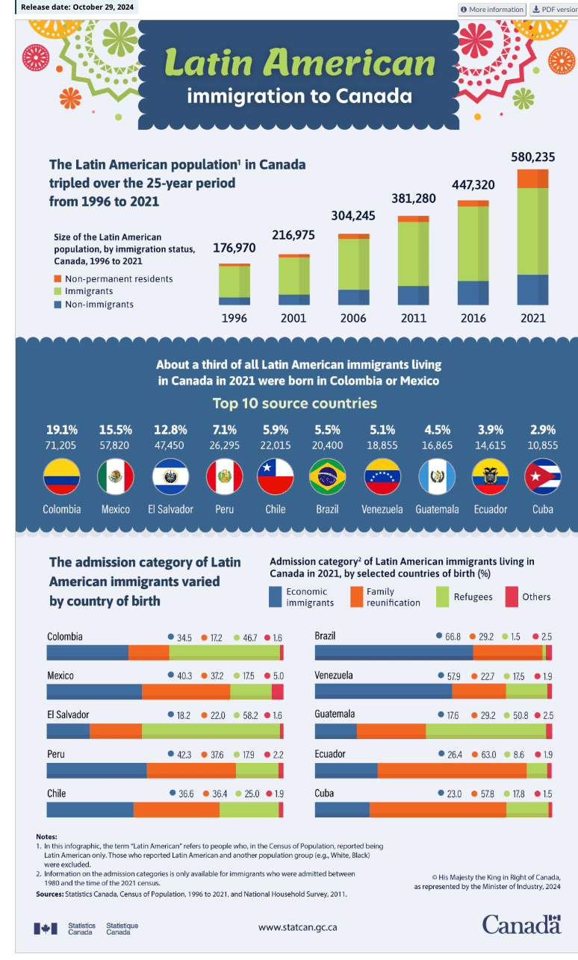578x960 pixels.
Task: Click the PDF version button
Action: [x=554, y=9]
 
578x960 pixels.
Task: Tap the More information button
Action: [x=492, y=9]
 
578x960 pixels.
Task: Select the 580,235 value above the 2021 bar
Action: [x=532, y=158]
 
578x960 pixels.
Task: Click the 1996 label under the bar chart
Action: [x=234, y=318]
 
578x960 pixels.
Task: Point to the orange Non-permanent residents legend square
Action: [x=58, y=278]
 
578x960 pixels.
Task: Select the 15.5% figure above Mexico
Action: [x=116, y=429]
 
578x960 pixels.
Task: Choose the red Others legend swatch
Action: [x=512, y=596]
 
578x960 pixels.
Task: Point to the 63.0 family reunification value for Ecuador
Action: [x=488, y=755]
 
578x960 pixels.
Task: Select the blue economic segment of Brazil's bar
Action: [x=394, y=653]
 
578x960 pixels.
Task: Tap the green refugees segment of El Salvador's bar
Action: [x=211, y=731]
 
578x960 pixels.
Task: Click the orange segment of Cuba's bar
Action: [x=438, y=809]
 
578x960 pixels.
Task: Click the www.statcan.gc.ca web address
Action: [x=297, y=927]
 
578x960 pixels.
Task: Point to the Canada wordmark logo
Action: [x=520, y=924]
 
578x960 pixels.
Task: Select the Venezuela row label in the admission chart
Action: [x=334, y=676]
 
